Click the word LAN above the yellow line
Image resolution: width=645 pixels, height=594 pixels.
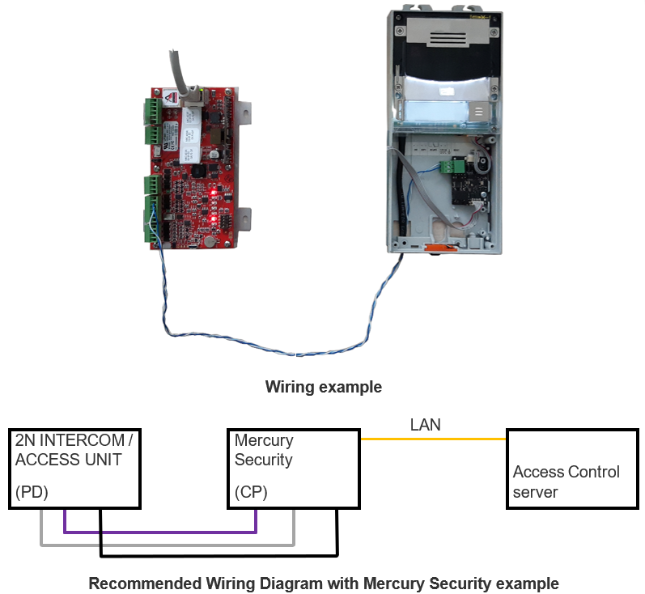coord(426,424)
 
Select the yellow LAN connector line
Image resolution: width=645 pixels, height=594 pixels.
coord(432,439)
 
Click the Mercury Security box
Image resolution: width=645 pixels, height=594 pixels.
coord(292,469)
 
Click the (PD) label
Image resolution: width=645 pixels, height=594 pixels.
coord(32,491)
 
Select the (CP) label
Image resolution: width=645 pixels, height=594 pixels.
coord(251,491)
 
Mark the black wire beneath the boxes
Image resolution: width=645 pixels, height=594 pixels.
coord(219,556)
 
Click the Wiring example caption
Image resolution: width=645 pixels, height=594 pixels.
coord(323,387)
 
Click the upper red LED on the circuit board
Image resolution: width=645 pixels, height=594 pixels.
coord(213,193)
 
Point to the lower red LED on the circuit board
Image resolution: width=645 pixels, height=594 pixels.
coord(212,218)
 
